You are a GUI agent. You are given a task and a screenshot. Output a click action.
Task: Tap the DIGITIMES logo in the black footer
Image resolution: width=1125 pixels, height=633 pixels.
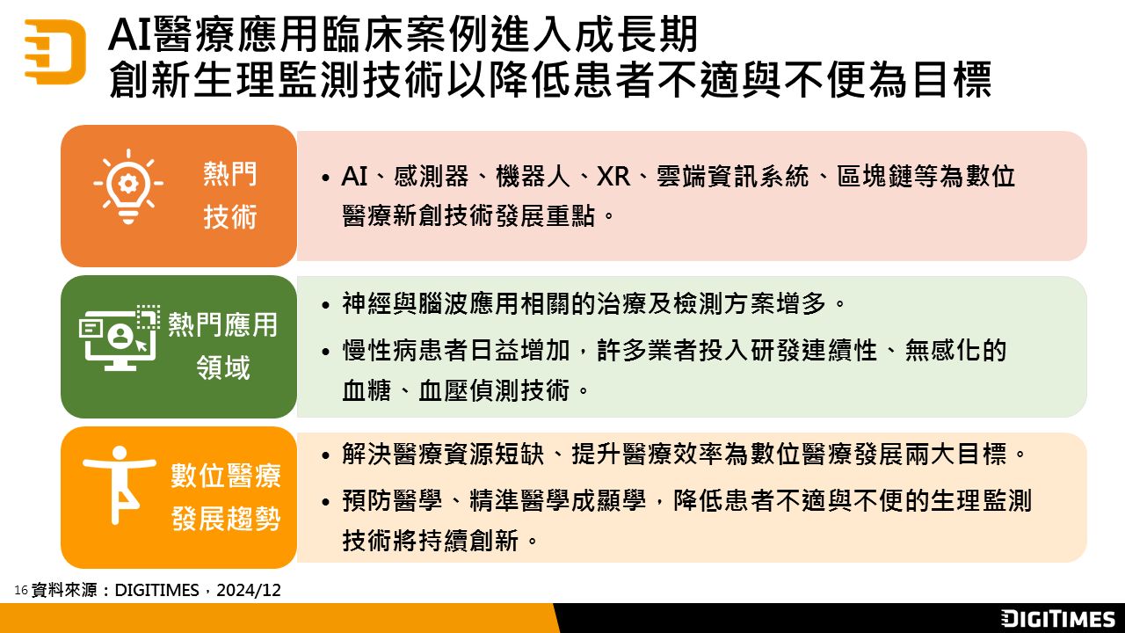pyautogui.click(x=1057, y=618)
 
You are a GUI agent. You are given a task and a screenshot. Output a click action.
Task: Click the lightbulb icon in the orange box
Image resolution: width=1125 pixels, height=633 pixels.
pyautogui.click(x=128, y=186)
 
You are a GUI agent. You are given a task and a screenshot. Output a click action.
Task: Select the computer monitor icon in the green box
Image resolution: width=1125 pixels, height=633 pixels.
pyautogui.click(x=120, y=338)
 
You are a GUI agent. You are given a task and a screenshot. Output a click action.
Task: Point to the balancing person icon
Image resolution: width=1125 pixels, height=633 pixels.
pyautogui.click(x=120, y=484)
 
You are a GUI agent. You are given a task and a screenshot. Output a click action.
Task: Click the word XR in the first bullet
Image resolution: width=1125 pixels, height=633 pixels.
pyautogui.click(x=613, y=177)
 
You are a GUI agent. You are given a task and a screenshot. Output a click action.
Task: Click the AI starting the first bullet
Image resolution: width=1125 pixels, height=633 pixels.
pyautogui.click(x=354, y=177)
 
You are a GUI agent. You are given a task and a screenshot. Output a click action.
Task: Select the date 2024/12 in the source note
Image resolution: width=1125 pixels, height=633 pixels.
pyautogui.click(x=249, y=590)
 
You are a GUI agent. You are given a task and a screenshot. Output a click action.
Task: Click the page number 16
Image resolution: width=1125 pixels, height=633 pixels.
pyautogui.click(x=20, y=590)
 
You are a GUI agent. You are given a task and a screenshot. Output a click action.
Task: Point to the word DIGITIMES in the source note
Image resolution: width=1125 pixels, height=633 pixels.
pyautogui.click(x=156, y=590)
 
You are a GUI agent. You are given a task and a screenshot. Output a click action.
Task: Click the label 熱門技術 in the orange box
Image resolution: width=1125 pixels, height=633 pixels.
pyautogui.click(x=230, y=195)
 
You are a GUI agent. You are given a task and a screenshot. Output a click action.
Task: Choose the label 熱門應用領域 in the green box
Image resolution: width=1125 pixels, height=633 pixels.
pyautogui.click(x=222, y=346)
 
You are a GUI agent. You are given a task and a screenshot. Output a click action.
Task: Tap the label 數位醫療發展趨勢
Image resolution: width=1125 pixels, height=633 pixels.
pyautogui.click(x=226, y=497)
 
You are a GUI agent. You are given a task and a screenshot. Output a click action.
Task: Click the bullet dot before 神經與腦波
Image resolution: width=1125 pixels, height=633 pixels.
pyautogui.click(x=326, y=305)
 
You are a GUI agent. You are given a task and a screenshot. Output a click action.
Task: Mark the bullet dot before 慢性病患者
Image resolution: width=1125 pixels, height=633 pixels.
pyautogui.click(x=326, y=352)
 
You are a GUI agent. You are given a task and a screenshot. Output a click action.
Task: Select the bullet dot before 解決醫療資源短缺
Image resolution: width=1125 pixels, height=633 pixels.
pyautogui.click(x=326, y=456)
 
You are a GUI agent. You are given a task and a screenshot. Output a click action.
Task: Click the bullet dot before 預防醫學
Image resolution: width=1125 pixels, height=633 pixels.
pyautogui.click(x=326, y=502)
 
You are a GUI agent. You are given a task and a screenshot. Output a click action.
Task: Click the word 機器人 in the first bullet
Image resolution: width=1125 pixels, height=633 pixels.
pyautogui.click(x=533, y=177)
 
